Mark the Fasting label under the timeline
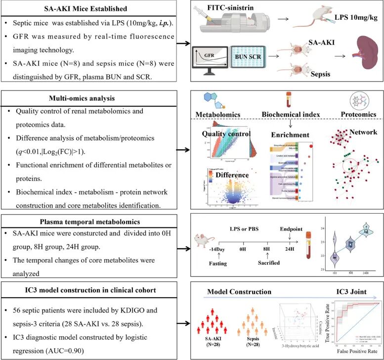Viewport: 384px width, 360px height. (x=218, y=264)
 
